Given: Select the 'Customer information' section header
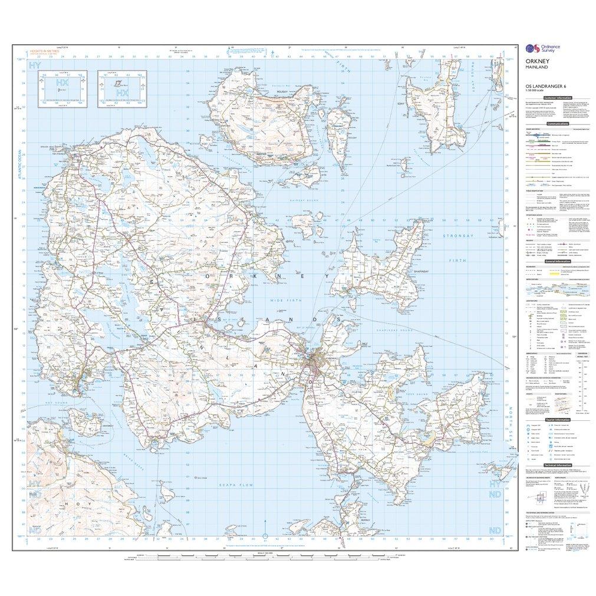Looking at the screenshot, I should [x=557, y=97].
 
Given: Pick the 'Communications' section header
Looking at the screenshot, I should [x=557, y=124].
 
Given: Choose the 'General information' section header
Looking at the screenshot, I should [x=557, y=261].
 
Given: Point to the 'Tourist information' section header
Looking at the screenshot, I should [x=557, y=419].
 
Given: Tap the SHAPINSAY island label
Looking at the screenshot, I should [x=407, y=272].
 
